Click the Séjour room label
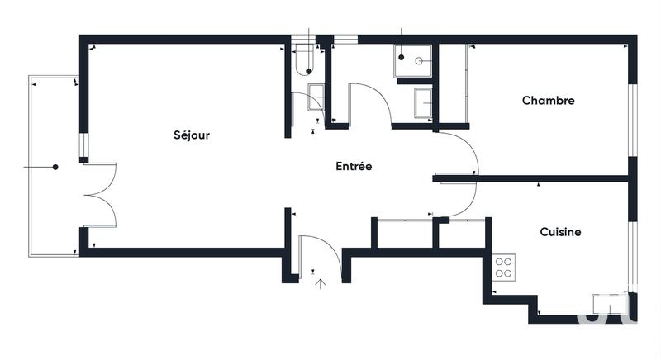coord(192,135)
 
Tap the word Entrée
coord(354,166)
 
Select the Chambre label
coord(548,101)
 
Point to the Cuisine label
coord(560,232)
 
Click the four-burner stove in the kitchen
coord(503,268)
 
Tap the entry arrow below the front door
coord(321,283)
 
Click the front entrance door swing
coord(319,252)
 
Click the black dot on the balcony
coord(55,168)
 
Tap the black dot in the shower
coord(401,58)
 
